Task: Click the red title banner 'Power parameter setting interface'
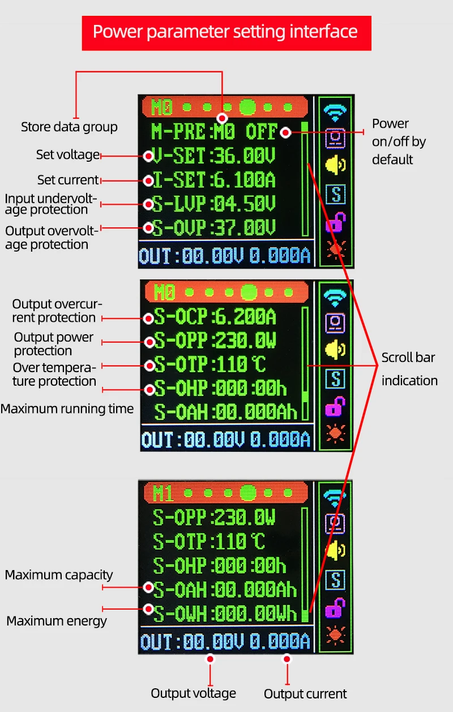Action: pyautogui.click(x=226, y=33)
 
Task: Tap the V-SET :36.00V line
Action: pyautogui.click(x=214, y=156)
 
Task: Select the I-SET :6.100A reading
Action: pyautogui.click(x=214, y=180)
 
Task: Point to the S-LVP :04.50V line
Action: pyautogui.click(x=214, y=204)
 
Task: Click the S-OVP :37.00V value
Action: pyautogui.click(x=214, y=227)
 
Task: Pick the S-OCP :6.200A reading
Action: pyautogui.click(x=215, y=317)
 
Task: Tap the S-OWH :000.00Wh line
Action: pyautogui.click(x=225, y=613)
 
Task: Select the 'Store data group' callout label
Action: pyautogui.click(x=69, y=127)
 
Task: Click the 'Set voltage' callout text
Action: pyautogui.click(x=68, y=155)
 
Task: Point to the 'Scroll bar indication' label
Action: pyautogui.click(x=409, y=369)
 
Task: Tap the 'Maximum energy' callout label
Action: pyautogui.click(x=57, y=621)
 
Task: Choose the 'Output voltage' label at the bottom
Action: pyautogui.click(x=193, y=693)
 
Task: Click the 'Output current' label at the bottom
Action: pyautogui.click(x=305, y=694)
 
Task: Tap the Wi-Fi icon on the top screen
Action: pyautogui.click(x=335, y=113)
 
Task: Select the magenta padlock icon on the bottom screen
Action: pyautogui.click(x=335, y=607)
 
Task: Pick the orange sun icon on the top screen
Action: pyautogui.click(x=336, y=249)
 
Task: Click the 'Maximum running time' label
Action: pyautogui.click(x=67, y=409)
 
